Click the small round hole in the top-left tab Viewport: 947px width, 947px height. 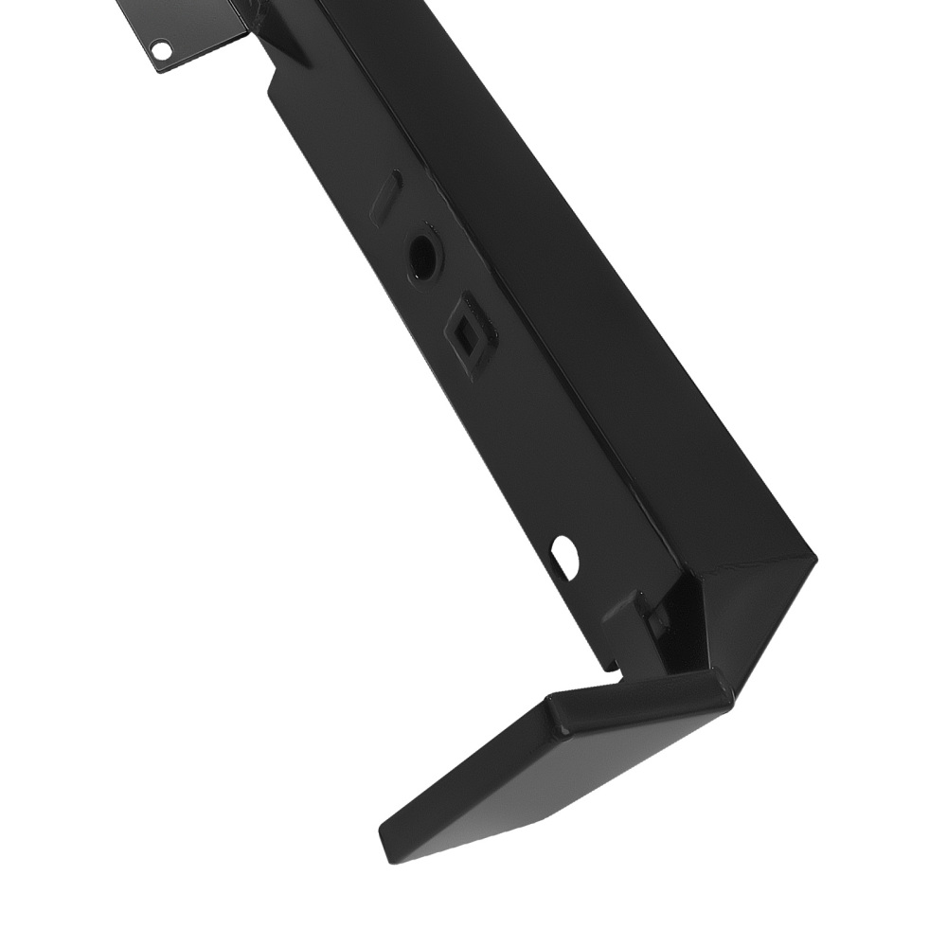(x=162, y=46)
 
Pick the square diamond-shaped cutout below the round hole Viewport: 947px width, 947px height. (x=469, y=334)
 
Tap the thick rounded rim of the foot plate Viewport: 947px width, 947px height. (x=644, y=702)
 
